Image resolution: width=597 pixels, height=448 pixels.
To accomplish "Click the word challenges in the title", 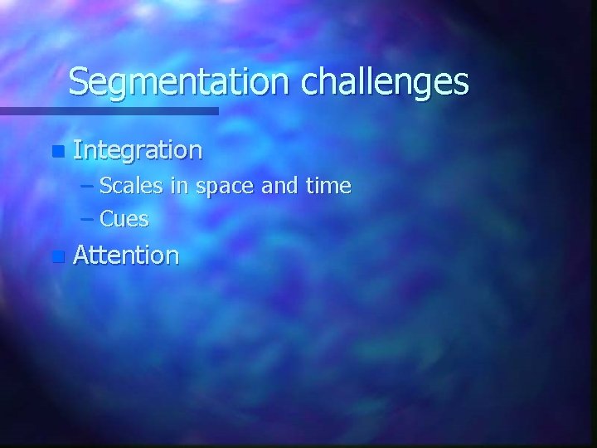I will pos(386,82).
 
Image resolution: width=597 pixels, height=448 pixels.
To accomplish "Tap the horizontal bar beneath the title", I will pos(109,110).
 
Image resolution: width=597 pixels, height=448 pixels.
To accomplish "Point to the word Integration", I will pos(138,150).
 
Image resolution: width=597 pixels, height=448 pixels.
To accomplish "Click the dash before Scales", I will pos(88,186).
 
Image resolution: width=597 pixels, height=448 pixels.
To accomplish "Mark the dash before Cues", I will pos(88,219).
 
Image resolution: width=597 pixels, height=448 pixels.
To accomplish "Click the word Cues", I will pos(124,219).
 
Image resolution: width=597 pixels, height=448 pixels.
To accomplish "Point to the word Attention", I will pos(126,256).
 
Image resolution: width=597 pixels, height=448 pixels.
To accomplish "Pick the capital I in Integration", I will pos(77,150).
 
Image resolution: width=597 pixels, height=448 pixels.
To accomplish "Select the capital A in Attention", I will pos(81,256).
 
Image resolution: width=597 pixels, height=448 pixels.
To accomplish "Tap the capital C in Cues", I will pos(107,219).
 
